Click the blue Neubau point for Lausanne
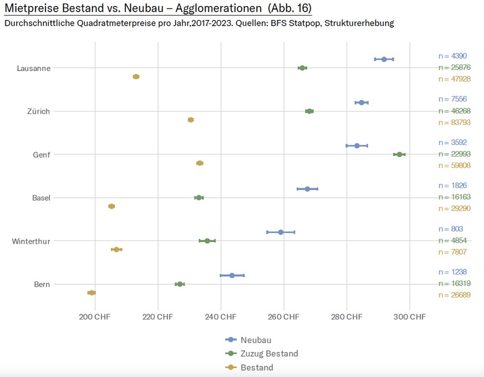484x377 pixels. pos(384,59)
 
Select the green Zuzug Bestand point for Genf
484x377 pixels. pos(399,154)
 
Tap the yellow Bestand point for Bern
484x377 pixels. pos(91,293)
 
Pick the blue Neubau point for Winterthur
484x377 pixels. pos(281,232)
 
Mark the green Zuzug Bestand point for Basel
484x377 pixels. pos(198,197)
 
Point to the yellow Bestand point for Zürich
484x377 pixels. pos(191,120)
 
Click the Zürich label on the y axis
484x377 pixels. pos(38,112)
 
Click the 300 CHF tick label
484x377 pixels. pos(410,316)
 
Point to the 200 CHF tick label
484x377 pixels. pos(95,316)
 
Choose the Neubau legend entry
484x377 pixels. pos(256,340)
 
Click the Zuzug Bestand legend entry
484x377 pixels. pos(269,354)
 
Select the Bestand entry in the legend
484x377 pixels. pos(257,368)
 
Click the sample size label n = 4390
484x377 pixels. pos(452,56)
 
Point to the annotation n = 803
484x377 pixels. pos(450,229)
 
